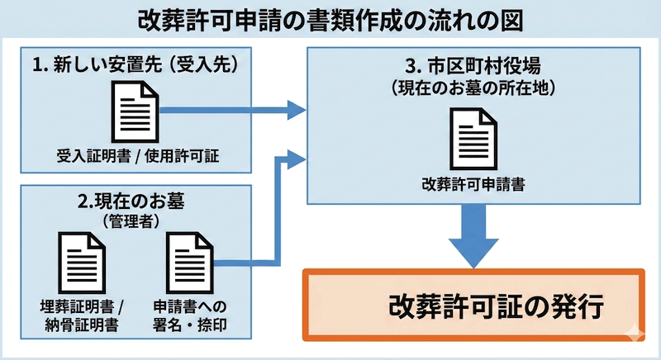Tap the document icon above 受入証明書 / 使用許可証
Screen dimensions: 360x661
135,114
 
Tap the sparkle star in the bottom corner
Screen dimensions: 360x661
635,334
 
